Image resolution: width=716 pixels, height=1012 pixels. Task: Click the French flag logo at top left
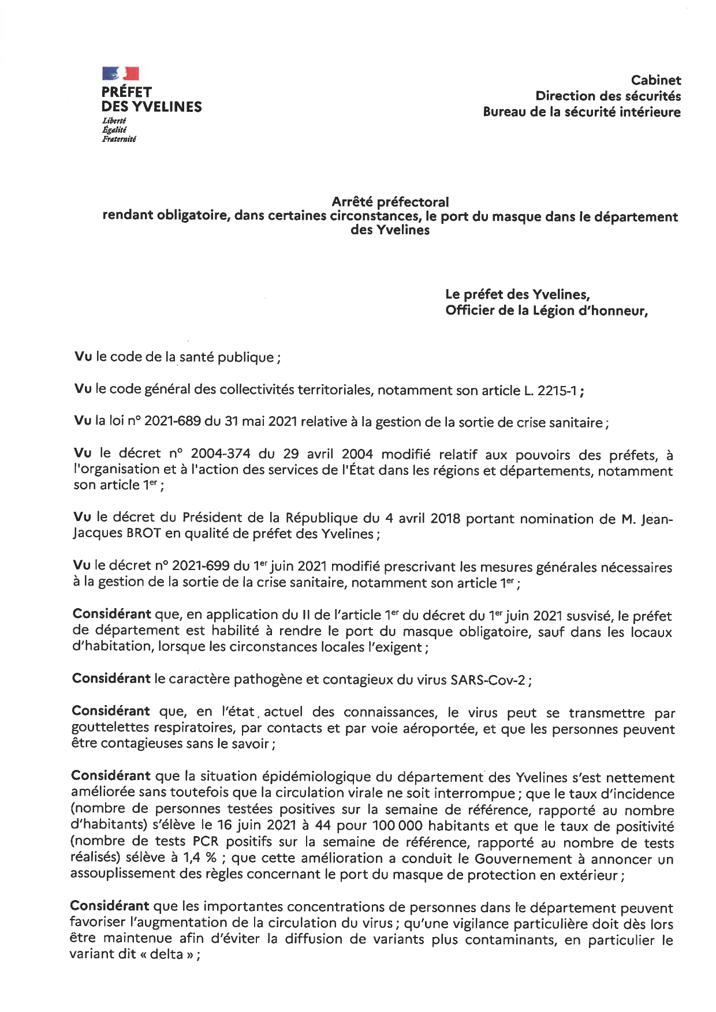pyautogui.click(x=121, y=73)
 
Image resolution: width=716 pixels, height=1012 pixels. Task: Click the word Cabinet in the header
pyautogui.click(x=656, y=80)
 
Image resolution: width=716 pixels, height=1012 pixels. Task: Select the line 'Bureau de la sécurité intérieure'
pyautogui.click(x=581, y=112)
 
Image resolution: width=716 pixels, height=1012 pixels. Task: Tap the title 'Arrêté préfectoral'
pyautogui.click(x=390, y=202)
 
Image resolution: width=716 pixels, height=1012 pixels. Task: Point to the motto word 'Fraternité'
pyautogui.click(x=119, y=138)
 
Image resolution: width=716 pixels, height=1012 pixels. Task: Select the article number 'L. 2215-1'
pyautogui.click(x=552, y=391)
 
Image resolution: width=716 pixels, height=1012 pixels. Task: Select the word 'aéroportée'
pyautogui.click(x=439, y=729)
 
